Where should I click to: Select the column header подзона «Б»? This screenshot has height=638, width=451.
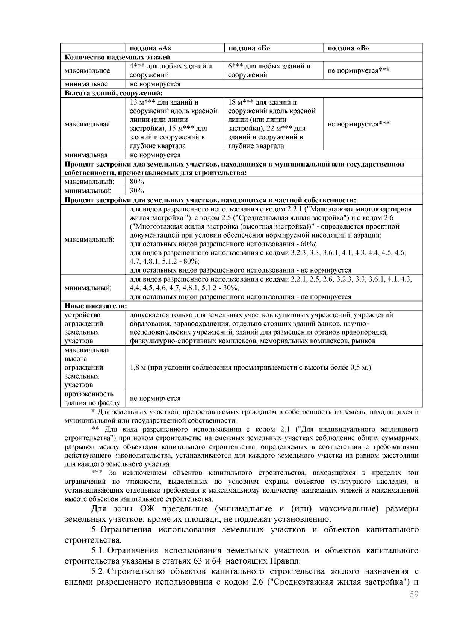(x=250, y=48)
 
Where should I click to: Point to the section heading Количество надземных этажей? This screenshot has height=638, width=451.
(x=118, y=57)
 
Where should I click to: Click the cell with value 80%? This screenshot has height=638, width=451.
(x=134, y=182)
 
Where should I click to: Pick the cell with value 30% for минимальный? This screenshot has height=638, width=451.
(x=134, y=191)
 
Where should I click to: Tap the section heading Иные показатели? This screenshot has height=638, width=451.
(x=95, y=306)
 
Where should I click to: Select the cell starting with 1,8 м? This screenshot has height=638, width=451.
(x=250, y=367)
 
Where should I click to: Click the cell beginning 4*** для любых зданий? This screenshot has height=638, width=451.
(x=171, y=70)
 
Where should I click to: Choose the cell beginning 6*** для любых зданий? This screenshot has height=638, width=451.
(x=269, y=70)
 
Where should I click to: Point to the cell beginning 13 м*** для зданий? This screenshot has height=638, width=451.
(x=173, y=124)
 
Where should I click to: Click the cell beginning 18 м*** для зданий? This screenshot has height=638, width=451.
(x=271, y=124)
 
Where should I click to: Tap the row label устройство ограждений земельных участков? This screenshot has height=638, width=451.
(x=83, y=328)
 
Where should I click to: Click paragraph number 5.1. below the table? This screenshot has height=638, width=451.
(x=100, y=551)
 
